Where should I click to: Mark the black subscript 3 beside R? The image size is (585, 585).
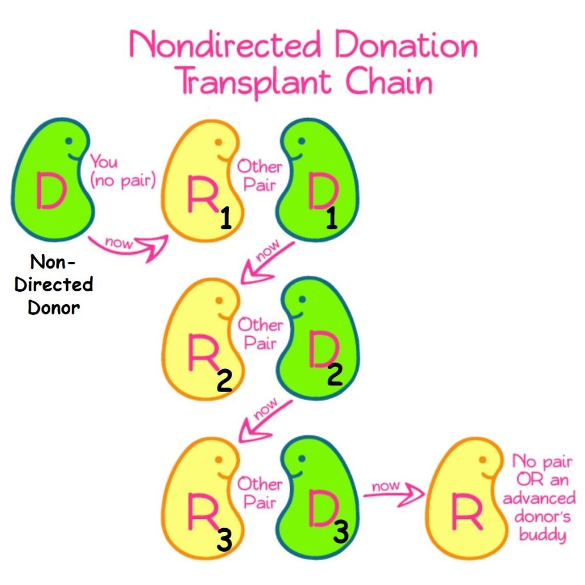(x=224, y=541)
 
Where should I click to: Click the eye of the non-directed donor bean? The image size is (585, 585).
(x=69, y=140)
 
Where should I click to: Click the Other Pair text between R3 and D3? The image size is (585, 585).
(x=259, y=493)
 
